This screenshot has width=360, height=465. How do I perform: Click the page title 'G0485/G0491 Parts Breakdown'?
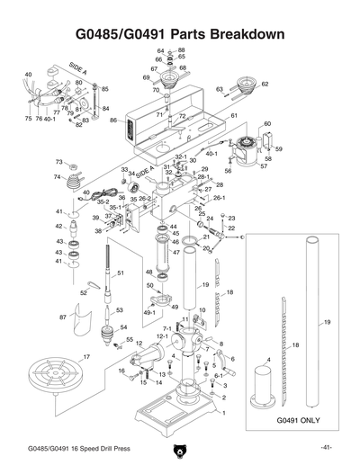(180, 35)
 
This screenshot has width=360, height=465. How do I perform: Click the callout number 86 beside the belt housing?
(113, 120)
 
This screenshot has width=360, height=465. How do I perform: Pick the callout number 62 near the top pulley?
(265, 85)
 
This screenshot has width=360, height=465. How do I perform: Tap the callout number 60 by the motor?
(266, 124)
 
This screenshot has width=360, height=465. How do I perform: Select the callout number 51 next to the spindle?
(121, 273)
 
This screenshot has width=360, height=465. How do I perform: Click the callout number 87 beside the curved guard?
(63, 317)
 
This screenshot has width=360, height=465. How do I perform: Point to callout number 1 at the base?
(224, 414)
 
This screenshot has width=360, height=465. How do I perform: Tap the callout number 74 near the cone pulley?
(58, 177)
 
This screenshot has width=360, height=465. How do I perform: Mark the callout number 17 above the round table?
(86, 358)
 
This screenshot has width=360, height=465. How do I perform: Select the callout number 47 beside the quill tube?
(176, 254)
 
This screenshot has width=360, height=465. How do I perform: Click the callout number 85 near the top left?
(104, 90)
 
